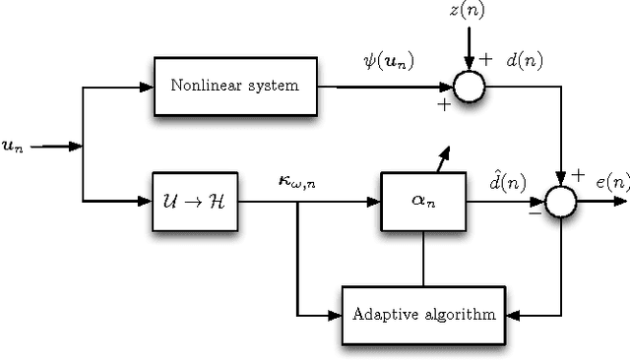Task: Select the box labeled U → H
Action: [x=195, y=202]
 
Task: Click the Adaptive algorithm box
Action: [x=423, y=315]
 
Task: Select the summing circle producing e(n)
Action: [x=562, y=202]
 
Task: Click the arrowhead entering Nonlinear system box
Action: [x=147, y=87]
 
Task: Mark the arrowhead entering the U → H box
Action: [x=147, y=202]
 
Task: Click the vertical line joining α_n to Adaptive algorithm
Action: [x=422, y=259]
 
